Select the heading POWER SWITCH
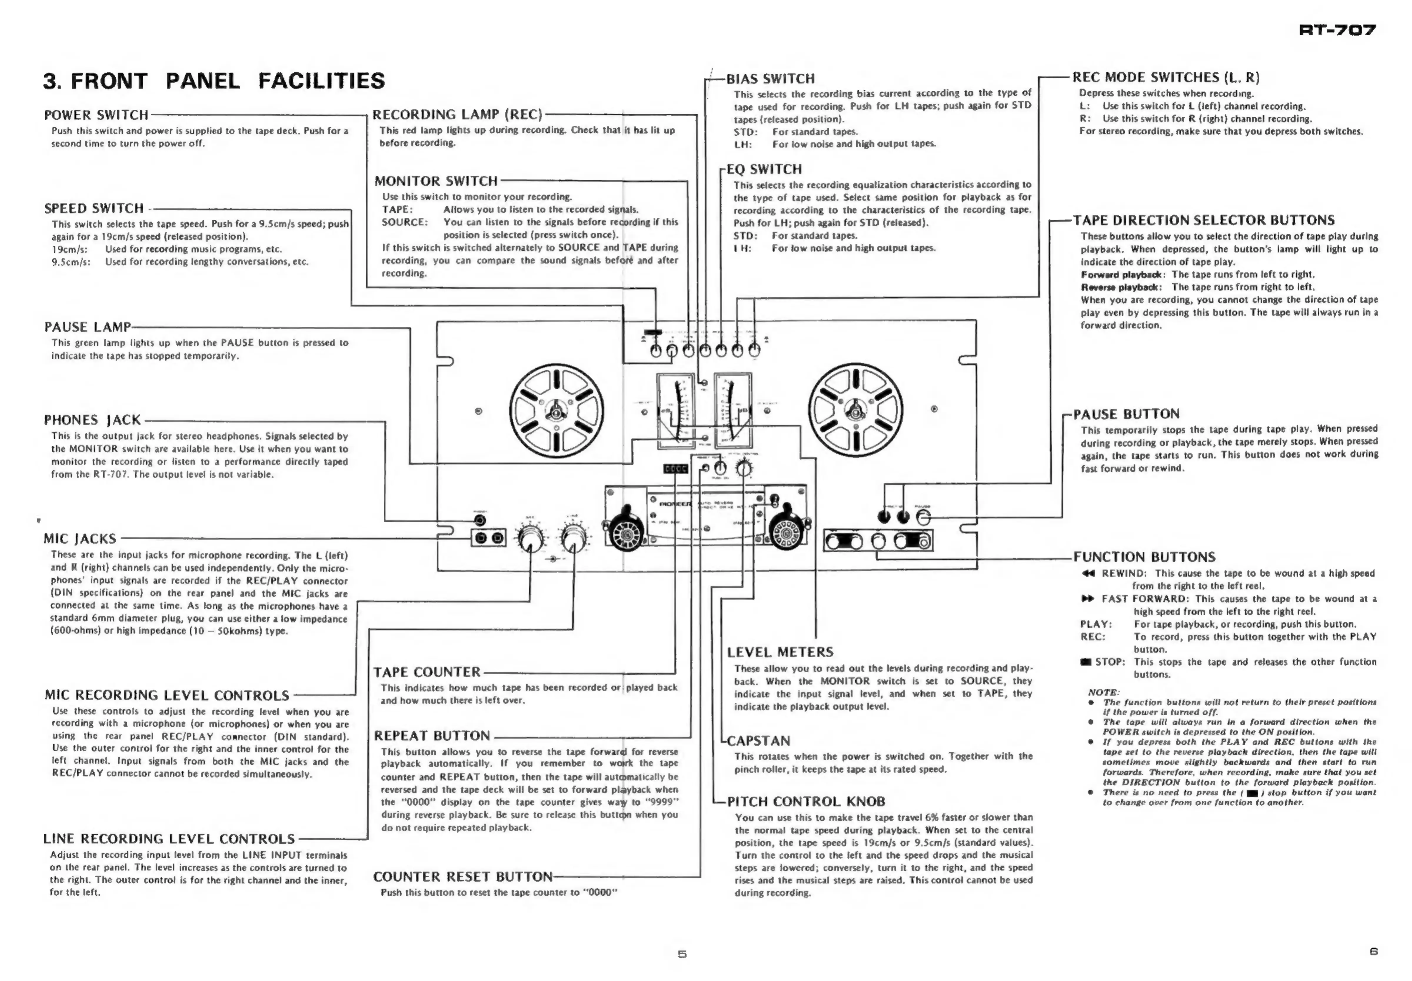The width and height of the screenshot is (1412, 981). coord(96,115)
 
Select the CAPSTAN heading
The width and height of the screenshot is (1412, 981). coord(758,741)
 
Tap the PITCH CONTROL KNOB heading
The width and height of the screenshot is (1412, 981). coord(805,802)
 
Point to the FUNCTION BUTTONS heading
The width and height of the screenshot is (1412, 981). coord(1144,557)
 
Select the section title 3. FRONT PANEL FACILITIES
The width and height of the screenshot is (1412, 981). coord(214,81)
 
